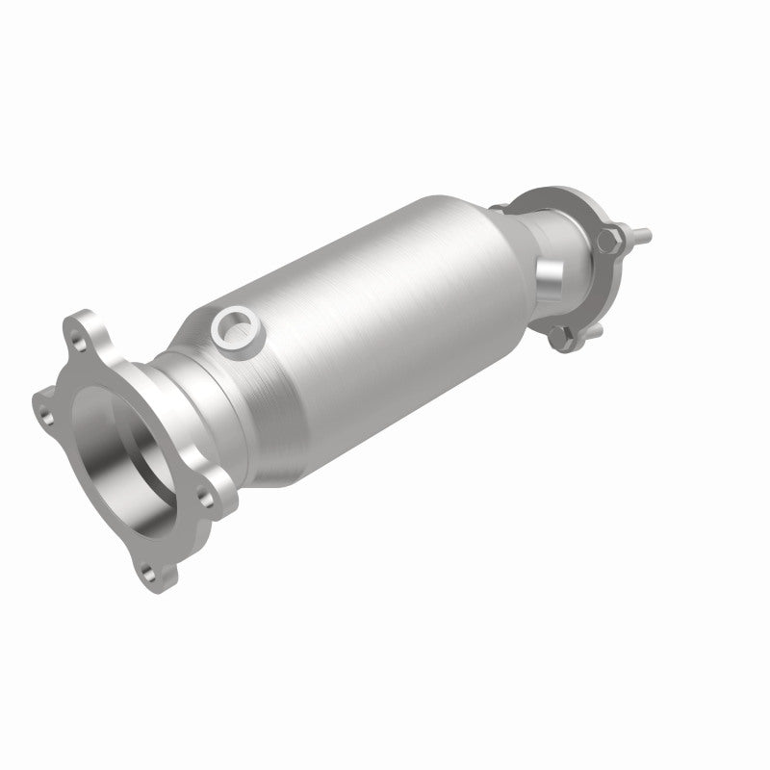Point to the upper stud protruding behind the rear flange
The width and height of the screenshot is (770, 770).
tap(639, 234)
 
